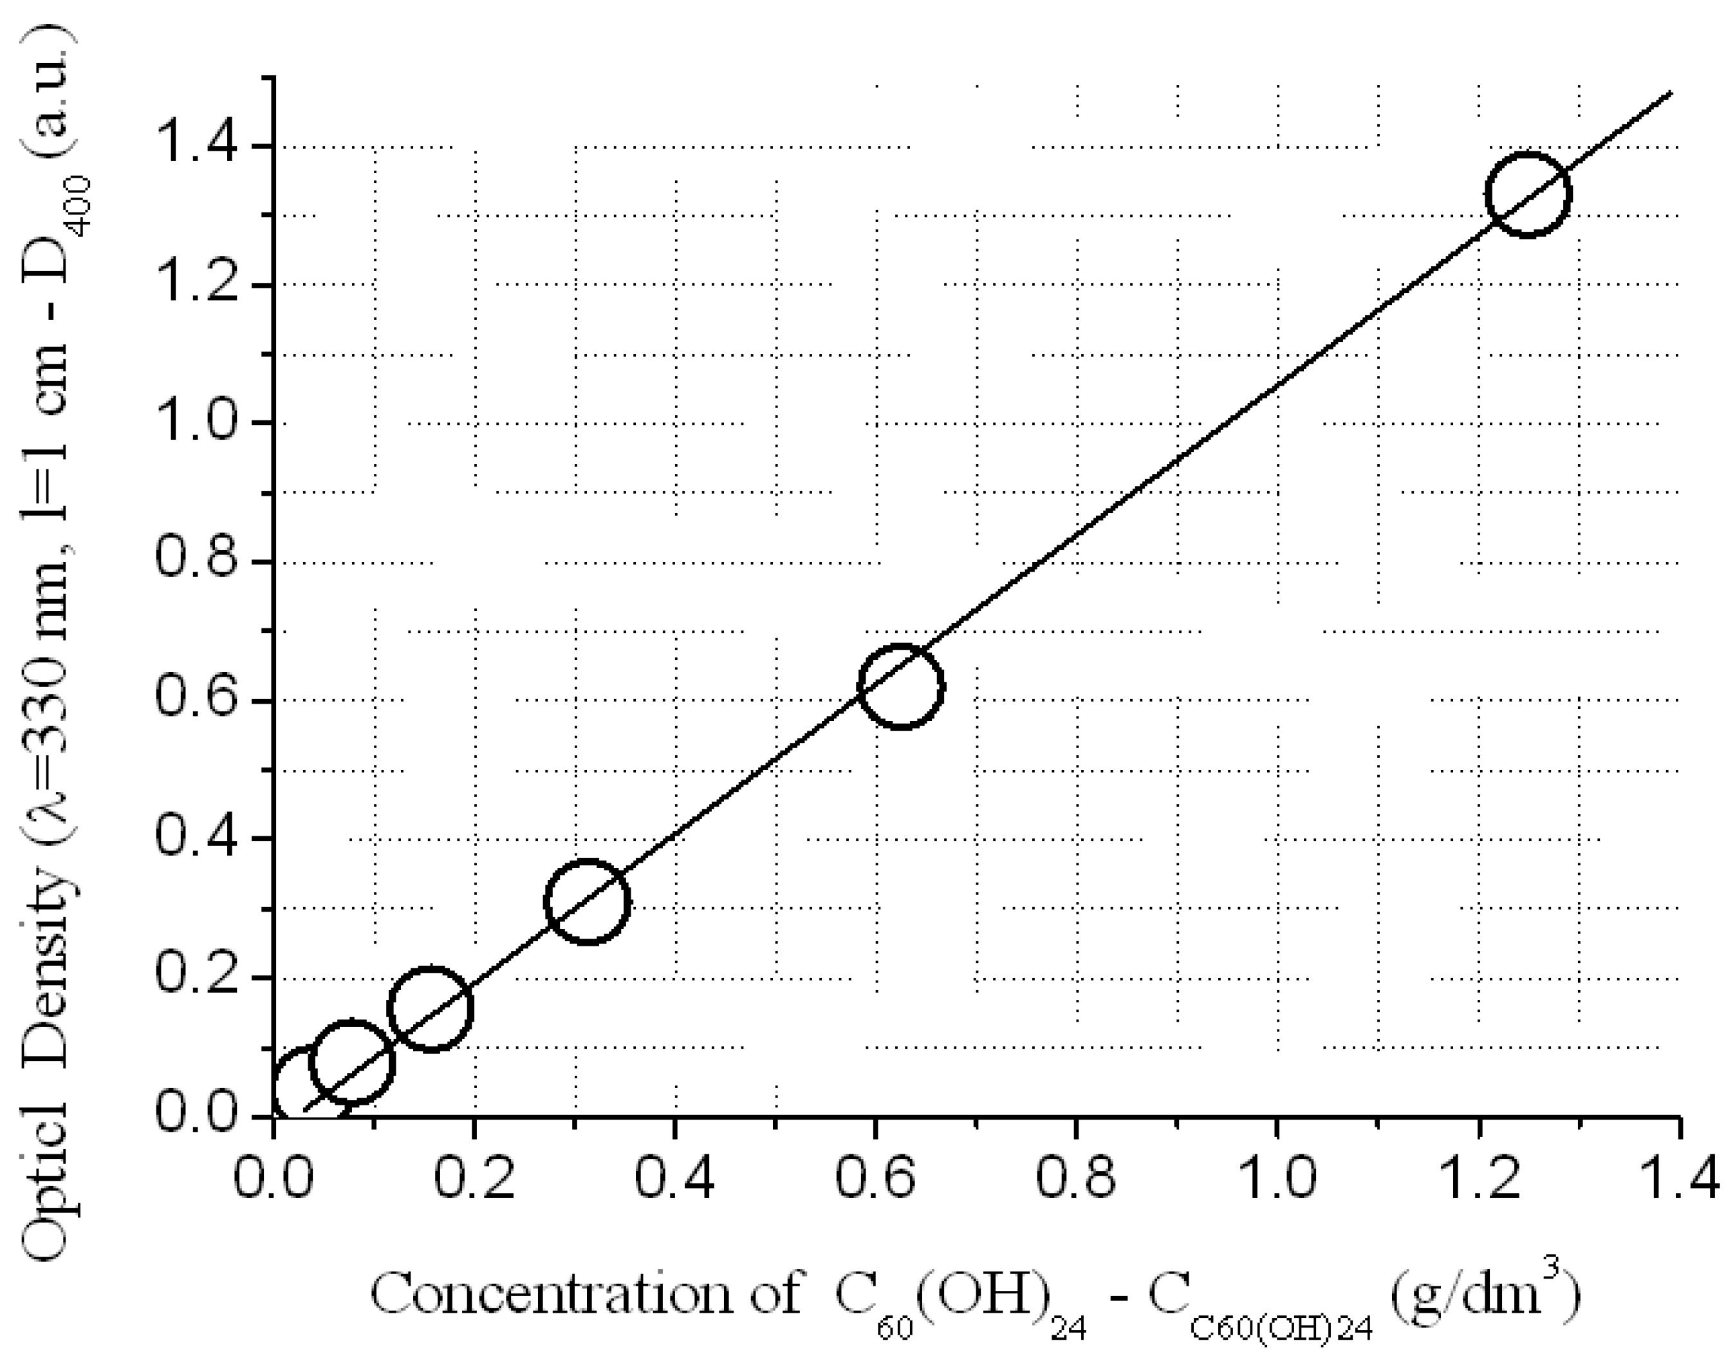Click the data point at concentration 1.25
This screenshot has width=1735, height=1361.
(1527, 194)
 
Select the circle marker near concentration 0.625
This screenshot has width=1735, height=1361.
(901, 686)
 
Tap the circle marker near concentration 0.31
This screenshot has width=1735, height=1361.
(588, 901)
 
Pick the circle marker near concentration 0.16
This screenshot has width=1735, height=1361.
(431, 1009)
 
